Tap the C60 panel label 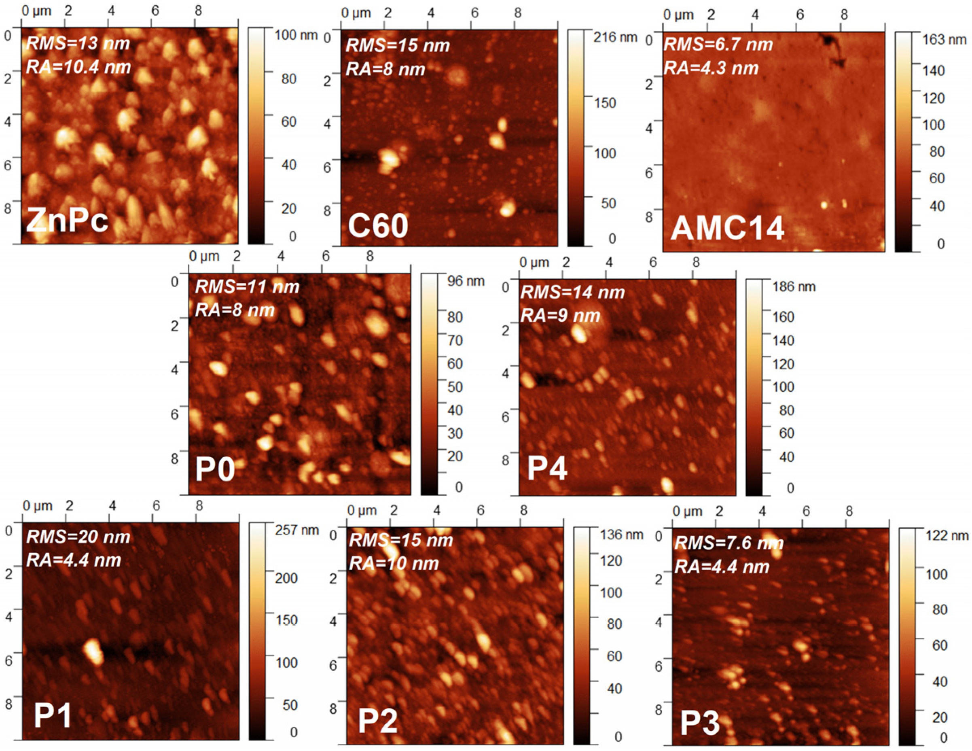click(x=378, y=226)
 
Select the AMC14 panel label click(x=727, y=229)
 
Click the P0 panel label click(x=214, y=470)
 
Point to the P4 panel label click(x=547, y=468)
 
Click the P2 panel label click(x=377, y=721)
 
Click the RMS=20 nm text click(x=78, y=537)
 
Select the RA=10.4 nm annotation click(x=78, y=67)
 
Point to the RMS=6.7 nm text click(x=718, y=45)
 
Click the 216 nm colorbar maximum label click(x=615, y=37)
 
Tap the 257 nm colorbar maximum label click(x=296, y=530)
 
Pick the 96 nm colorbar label click(x=466, y=281)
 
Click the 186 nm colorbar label click(x=794, y=287)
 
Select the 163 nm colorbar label click(x=944, y=40)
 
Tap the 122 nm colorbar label click(x=947, y=536)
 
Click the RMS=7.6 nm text click(x=728, y=543)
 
